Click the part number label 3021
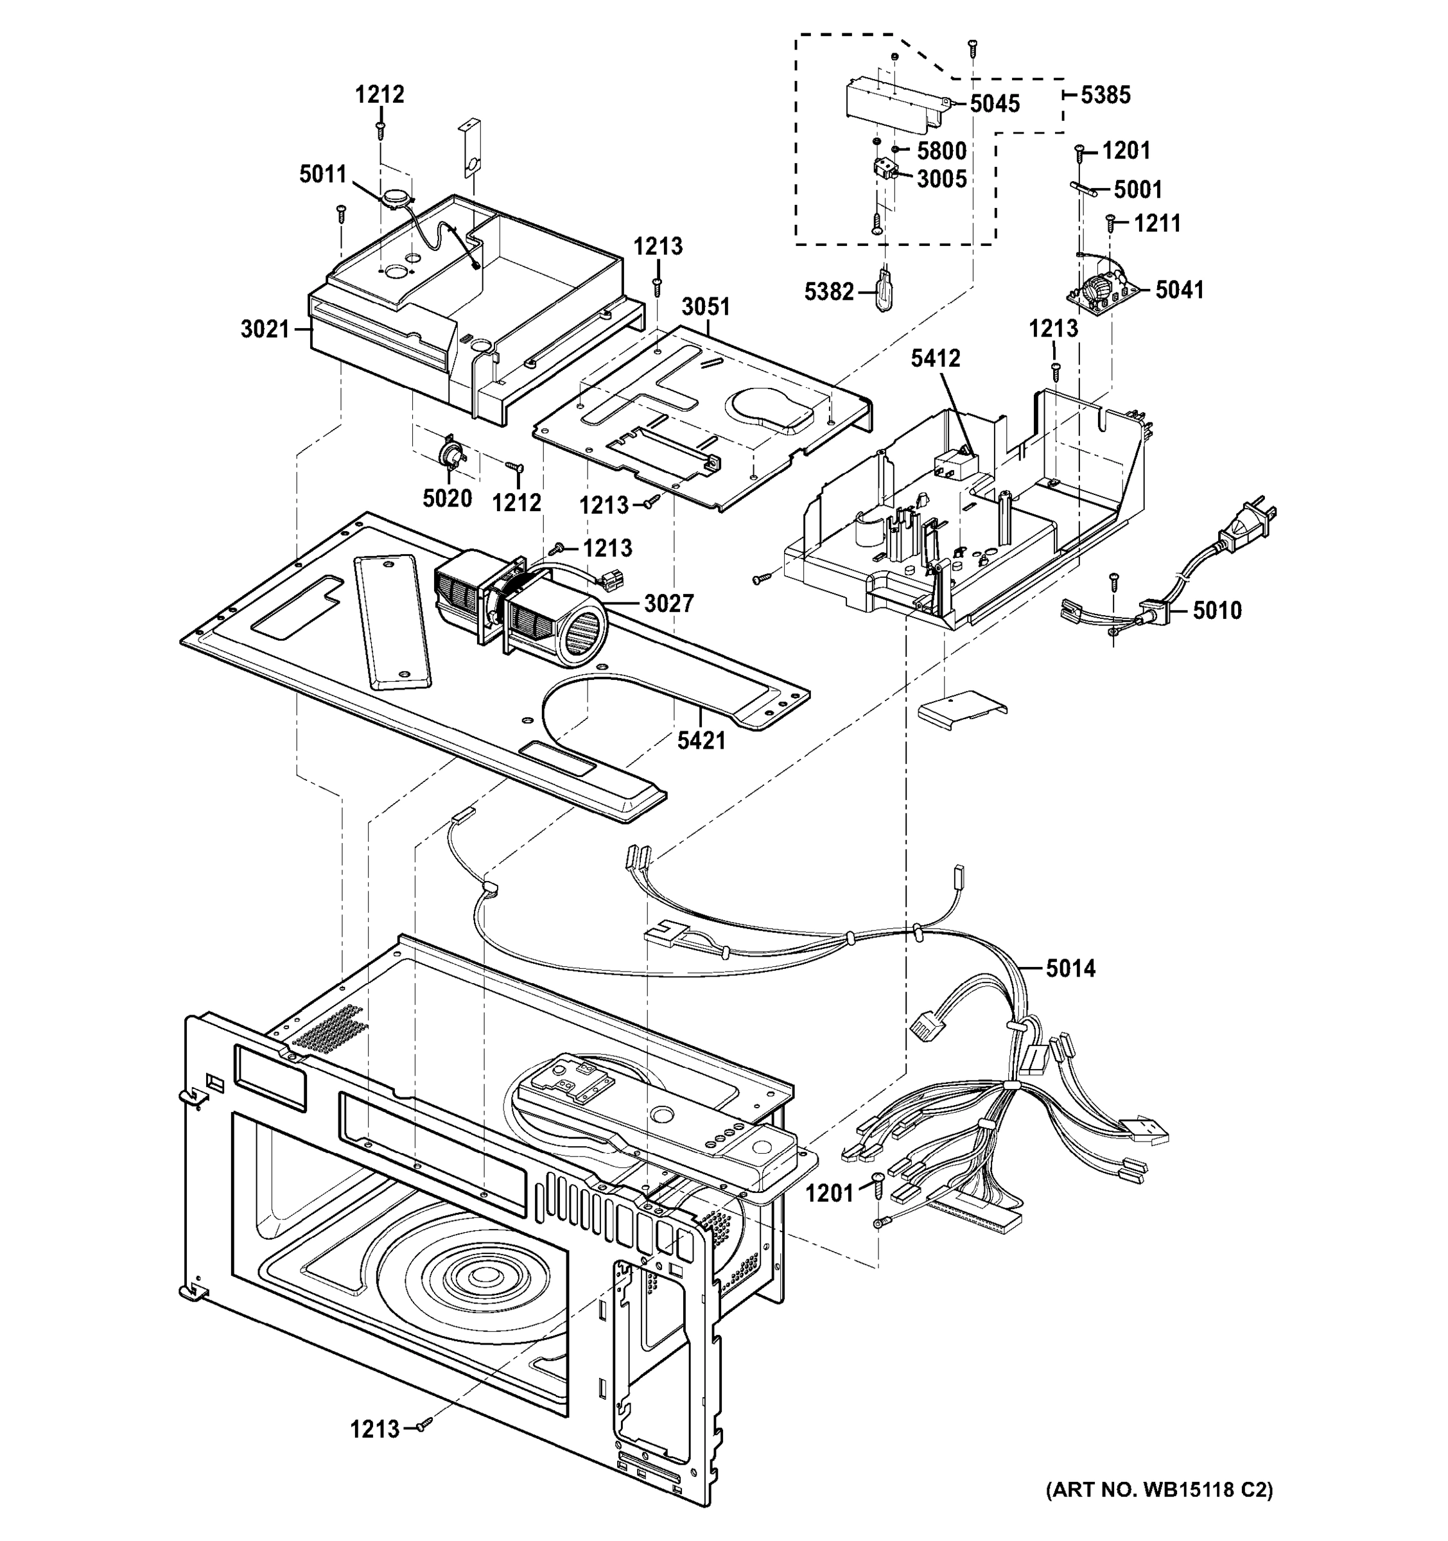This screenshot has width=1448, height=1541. click(x=265, y=329)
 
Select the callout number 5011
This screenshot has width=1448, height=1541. click(x=322, y=175)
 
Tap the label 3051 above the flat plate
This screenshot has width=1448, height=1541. click(x=706, y=307)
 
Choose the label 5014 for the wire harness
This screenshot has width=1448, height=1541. click(x=1070, y=968)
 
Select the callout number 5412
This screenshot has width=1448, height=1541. click(x=935, y=358)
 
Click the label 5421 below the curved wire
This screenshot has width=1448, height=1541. click(x=701, y=741)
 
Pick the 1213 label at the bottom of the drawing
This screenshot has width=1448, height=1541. click(x=374, y=1429)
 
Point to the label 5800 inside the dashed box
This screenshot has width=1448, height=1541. click(x=941, y=150)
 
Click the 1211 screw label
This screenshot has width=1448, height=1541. click(x=1156, y=223)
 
